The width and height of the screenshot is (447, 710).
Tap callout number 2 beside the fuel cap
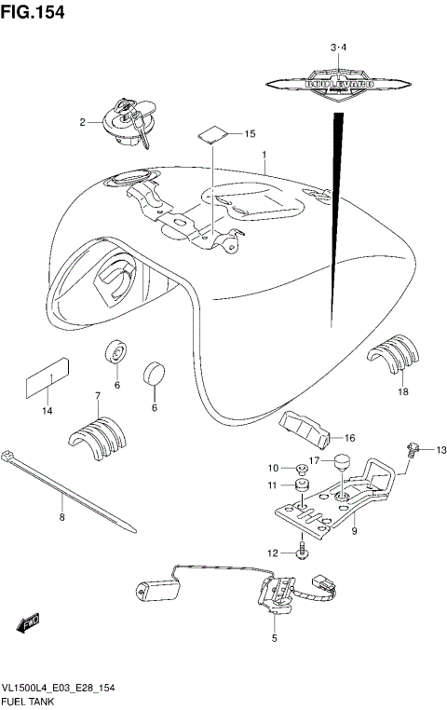(x=82, y=121)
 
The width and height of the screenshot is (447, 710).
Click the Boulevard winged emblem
(x=338, y=85)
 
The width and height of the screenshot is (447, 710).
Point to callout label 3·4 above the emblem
(x=337, y=47)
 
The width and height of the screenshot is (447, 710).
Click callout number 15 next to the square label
(x=249, y=134)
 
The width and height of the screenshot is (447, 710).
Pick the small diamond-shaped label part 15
(x=214, y=131)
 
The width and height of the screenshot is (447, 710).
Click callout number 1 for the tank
(x=264, y=155)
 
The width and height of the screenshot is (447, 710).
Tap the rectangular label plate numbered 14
(x=47, y=376)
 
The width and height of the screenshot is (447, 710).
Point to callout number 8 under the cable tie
(x=62, y=517)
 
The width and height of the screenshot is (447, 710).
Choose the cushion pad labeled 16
(x=306, y=428)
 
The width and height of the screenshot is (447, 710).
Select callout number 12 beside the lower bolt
(x=273, y=553)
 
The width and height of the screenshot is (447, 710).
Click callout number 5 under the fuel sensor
(x=275, y=638)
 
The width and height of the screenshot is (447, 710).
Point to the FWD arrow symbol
(x=29, y=620)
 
